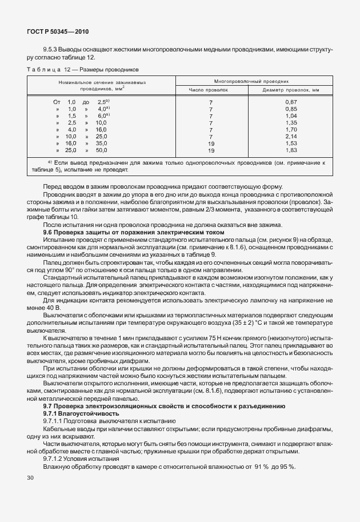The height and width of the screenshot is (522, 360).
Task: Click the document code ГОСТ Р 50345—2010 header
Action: pos(58,33)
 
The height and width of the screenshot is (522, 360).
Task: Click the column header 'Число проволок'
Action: pos(210,90)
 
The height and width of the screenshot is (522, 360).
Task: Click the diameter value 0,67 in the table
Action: pos(291,102)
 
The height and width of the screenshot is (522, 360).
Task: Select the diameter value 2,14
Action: pos(291,137)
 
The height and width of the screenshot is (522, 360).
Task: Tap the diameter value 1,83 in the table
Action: pos(291,150)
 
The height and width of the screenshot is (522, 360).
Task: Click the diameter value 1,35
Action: pos(291,123)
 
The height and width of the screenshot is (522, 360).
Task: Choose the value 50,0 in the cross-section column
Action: pos(101,150)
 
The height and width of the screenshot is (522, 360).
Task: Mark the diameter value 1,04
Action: pos(291,115)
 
